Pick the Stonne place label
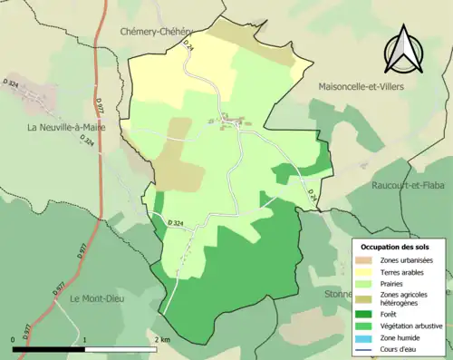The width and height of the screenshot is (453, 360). click(336, 294)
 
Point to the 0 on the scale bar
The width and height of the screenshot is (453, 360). click(14, 339)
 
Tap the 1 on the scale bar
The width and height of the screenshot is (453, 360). click(85, 339)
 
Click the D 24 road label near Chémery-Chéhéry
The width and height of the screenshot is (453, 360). click(188, 45)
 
